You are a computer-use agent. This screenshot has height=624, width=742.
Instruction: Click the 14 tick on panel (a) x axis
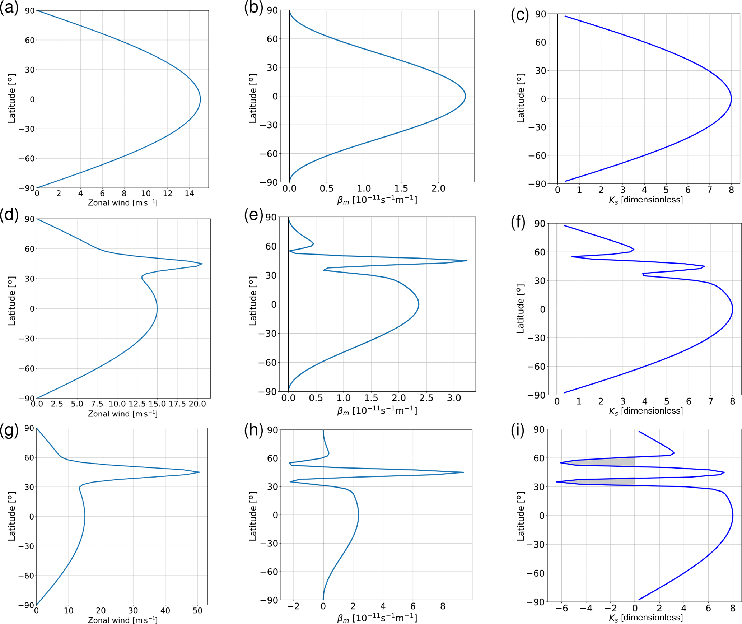pyautogui.click(x=189, y=194)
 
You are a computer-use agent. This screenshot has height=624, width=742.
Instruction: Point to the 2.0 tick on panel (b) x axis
pyautogui.click(x=438, y=188)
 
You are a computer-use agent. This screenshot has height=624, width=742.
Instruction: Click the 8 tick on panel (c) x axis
pyautogui.click(x=731, y=190)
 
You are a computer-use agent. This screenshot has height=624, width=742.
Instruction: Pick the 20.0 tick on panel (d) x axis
pyautogui.click(x=197, y=404)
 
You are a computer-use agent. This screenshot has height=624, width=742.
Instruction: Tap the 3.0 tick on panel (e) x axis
pyautogui.click(x=454, y=398)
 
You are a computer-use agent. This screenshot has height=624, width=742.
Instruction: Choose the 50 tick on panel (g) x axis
pyautogui.click(x=197, y=610)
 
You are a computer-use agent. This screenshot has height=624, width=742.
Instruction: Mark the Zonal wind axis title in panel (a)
pyautogui.click(x=123, y=203)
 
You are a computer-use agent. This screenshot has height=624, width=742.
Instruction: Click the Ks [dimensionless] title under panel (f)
pyautogui.click(x=646, y=411)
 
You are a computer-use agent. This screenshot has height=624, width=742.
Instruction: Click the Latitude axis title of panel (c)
pyautogui.click(x=521, y=98)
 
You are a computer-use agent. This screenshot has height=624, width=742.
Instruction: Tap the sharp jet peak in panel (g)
pyautogui.click(x=199, y=472)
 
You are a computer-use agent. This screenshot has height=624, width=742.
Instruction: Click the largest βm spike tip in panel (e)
pyautogui.click(x=466, y=261)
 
